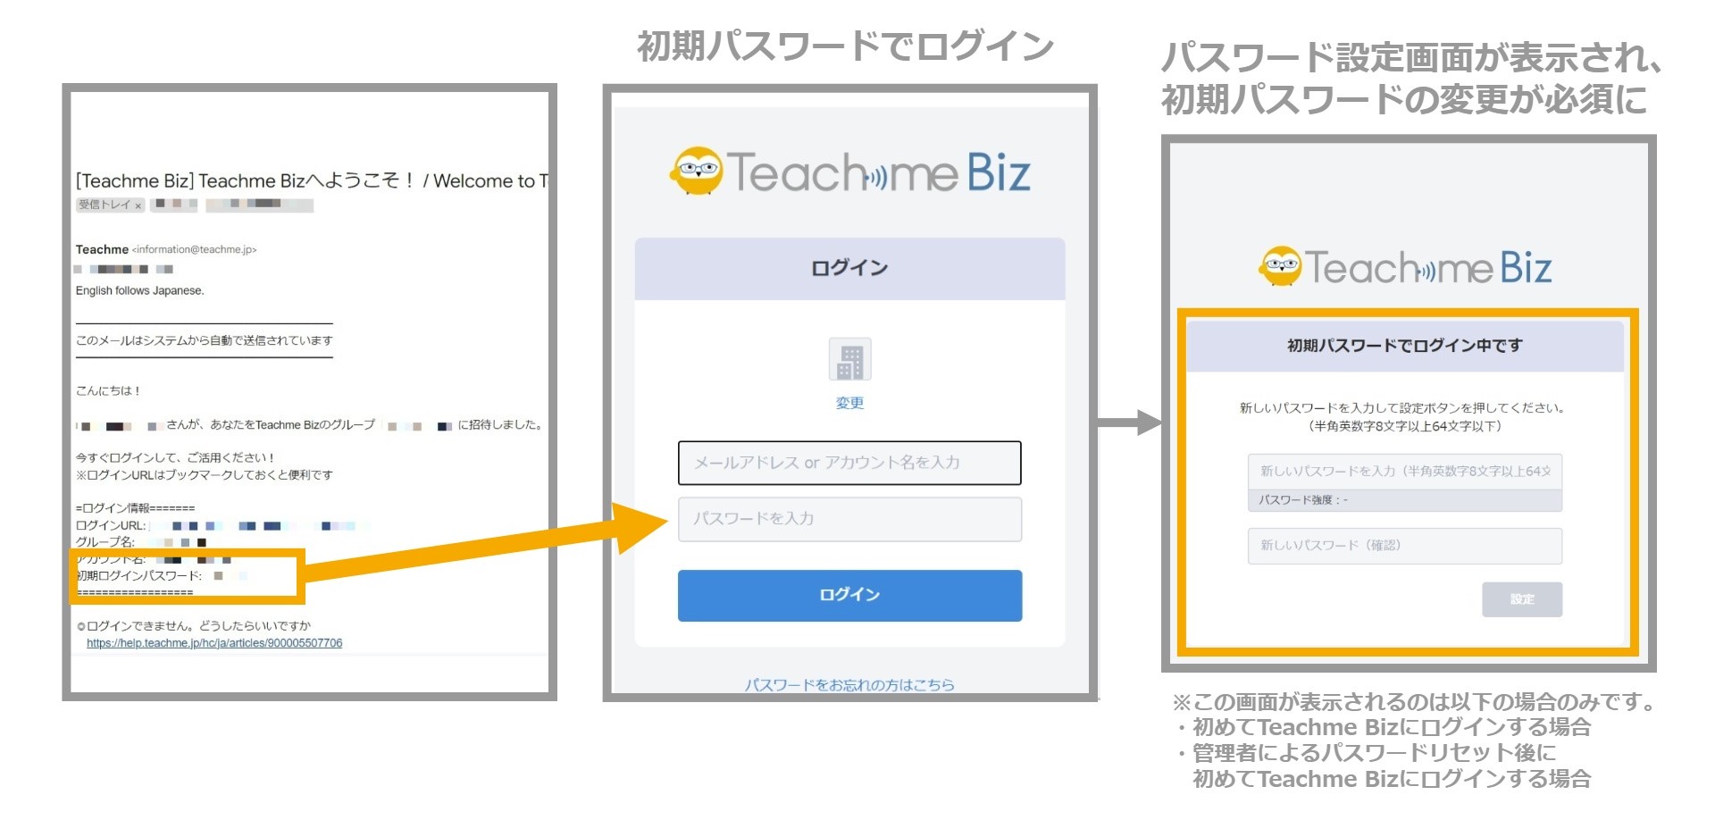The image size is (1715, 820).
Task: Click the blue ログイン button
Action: pos(849,596)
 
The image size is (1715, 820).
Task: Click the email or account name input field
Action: pos(849,463)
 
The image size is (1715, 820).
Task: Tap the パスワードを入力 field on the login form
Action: pos(849,519)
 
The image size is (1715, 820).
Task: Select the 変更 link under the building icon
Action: pos(849,403)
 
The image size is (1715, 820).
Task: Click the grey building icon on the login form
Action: pos(849,360)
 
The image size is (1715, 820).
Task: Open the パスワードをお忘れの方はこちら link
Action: pos(849,685)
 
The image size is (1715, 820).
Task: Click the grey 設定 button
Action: pos(1522,599)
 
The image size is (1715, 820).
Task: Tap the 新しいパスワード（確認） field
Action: pos(1404,546)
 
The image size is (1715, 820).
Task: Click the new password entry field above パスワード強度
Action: pos(1404,472)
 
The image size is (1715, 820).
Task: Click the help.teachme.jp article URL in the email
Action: pos(214,643)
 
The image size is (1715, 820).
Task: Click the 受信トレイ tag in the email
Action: pos(105,205)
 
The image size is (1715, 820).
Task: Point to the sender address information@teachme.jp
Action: pos(195,250)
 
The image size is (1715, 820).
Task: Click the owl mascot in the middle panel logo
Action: pos(697,171)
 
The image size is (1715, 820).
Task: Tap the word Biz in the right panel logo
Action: pos(1526,267)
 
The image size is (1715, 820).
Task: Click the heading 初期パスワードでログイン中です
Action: pos(1404,346)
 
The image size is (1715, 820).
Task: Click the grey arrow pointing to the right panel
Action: pos(1131,423)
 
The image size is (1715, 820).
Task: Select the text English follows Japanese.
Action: pos(140,291)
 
